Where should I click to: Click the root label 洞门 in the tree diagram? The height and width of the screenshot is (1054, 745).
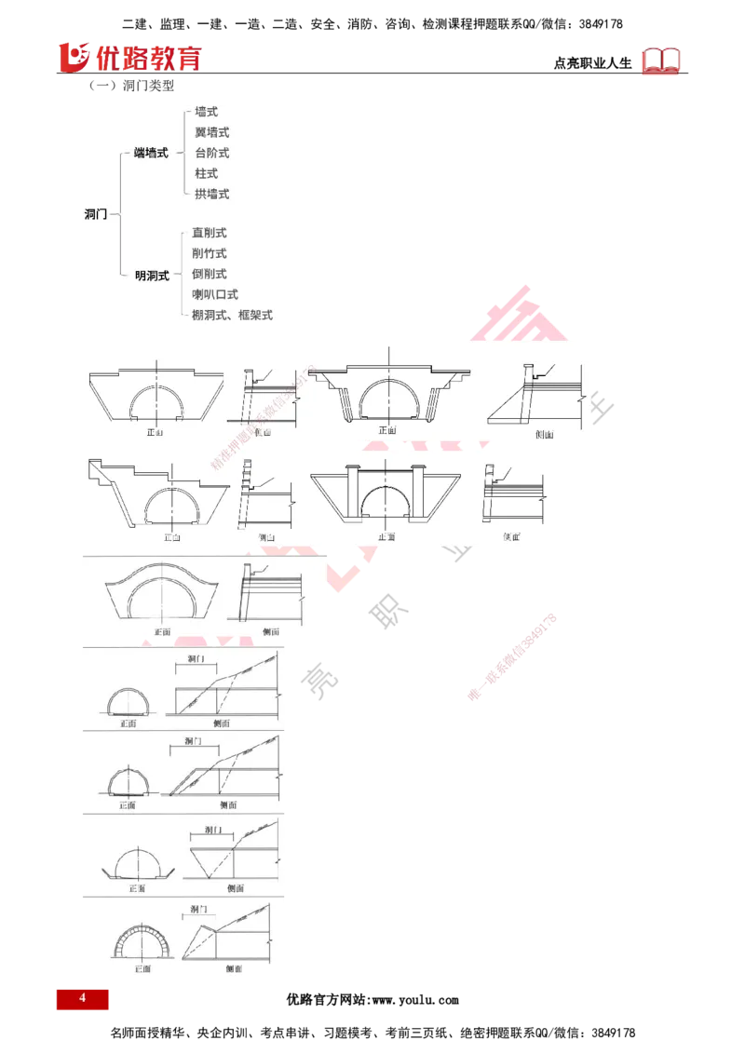click(x=97, y=214)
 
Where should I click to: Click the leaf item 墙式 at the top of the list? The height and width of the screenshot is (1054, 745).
click(x=207, y=112)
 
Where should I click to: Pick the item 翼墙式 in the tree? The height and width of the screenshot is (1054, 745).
click(x=211, y=132)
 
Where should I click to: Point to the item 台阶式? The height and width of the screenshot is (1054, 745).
click(x=211, y=153)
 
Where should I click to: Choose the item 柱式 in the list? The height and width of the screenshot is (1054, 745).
click(x=206, y=173)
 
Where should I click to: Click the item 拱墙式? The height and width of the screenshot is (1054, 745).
click(x=211, y=194)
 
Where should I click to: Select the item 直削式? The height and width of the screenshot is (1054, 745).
click(x=209, y=233)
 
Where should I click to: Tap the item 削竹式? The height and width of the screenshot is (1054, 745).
click(x=209, y=253)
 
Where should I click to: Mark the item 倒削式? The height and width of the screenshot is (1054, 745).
click(x=209, y=274)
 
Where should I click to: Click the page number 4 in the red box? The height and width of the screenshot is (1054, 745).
click(x=82, y=999)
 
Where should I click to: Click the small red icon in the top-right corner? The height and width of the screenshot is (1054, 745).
click(x=662, y=61)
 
